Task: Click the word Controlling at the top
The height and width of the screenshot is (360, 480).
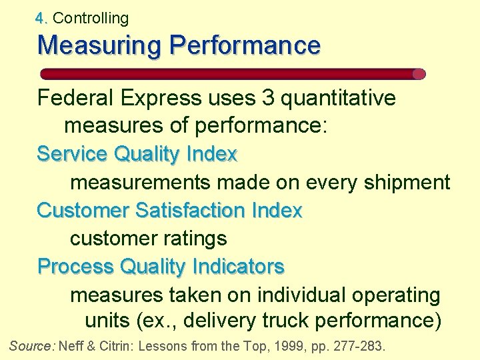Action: pyautogui.click(x=90, y=18)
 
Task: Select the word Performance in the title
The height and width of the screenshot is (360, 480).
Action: pyautogui.click(x=245, y=46)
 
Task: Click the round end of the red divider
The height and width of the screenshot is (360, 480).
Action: pyautogui.click(x=419, y=74)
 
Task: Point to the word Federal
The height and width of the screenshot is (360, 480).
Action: pyautogui.click(x=75, y=99)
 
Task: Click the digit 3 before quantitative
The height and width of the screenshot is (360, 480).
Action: pyautogui.click(x=268, y=99)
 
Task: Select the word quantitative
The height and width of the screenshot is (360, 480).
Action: pyautogui.click(x=339, y=99)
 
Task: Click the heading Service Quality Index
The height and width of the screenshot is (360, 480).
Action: pyautogui.click(x=137, y=154)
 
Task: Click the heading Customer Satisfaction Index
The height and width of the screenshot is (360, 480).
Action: pyautogui.click(x=169, y=210)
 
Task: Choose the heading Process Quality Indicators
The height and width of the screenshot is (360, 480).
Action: pyautogui.click(x=161, y=266)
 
